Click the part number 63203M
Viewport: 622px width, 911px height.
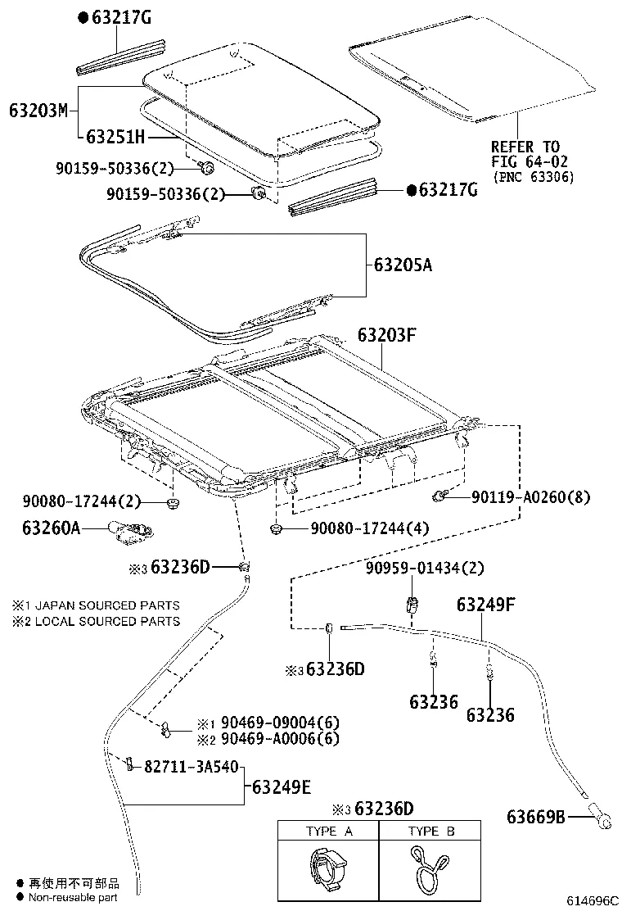pyautogui.click(x=38, y=110)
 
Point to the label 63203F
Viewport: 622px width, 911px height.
pyautogui.click(x=387, y=335)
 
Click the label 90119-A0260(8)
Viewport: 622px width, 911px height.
pyautogui.click(x=530, y=496)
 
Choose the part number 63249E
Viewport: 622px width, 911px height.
pyautogui.click(x=281, y=787)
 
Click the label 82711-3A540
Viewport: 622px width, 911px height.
pyautogui.click(x=191, y=768)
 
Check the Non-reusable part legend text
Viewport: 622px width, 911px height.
pyautogui.click(x=73, y=898)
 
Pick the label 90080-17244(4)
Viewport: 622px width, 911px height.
pyautogui.click(x=369, y=529)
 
